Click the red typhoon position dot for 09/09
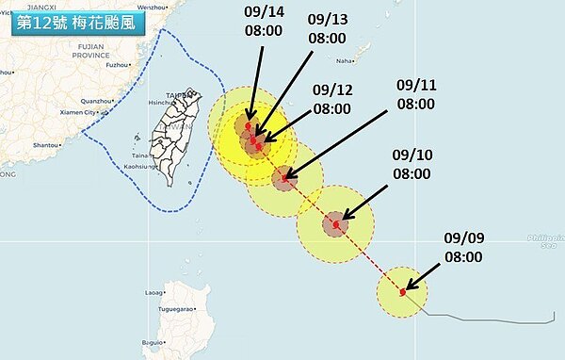402,292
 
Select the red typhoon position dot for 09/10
336,224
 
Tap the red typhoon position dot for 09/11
284,177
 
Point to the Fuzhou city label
118,65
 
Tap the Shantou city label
45,145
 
